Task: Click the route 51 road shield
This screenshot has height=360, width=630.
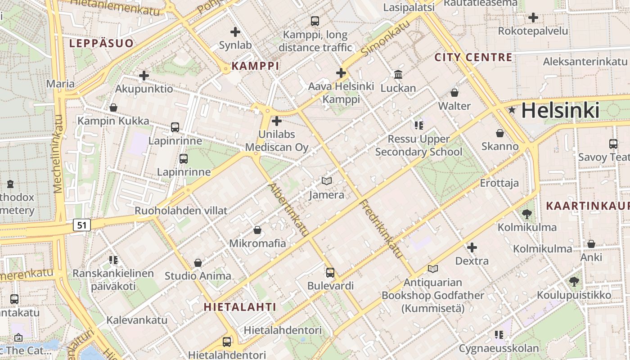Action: coord(81,225)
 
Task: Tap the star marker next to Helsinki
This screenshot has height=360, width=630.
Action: coord(512,110)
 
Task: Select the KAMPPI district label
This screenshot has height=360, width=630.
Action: coord(255,66)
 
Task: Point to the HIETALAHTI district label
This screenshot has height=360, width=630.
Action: coord(240,307)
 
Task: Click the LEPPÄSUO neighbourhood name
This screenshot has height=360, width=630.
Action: coord(101,43)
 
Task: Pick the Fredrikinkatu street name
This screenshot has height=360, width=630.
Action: coord(381,229)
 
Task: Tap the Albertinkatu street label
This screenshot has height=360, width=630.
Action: coord(288,210)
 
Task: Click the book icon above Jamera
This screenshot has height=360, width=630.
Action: coord(327,181)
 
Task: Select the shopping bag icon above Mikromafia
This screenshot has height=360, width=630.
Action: coord(257,230)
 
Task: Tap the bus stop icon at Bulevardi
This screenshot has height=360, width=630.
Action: coord(330,272)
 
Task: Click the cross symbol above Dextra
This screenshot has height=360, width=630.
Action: coord(472,247)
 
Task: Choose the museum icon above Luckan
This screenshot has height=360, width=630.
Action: coord(398,74)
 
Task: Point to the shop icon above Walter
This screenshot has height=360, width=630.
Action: coord(454,93)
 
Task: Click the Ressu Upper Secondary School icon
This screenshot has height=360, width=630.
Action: coord(419,125)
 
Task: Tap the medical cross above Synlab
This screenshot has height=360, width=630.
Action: coord(235,32)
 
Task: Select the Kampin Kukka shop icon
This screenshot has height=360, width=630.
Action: coord(113,108)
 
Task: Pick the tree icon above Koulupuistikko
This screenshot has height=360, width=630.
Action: coord(574,282)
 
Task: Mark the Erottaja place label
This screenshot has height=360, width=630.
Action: coord(499,183)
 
